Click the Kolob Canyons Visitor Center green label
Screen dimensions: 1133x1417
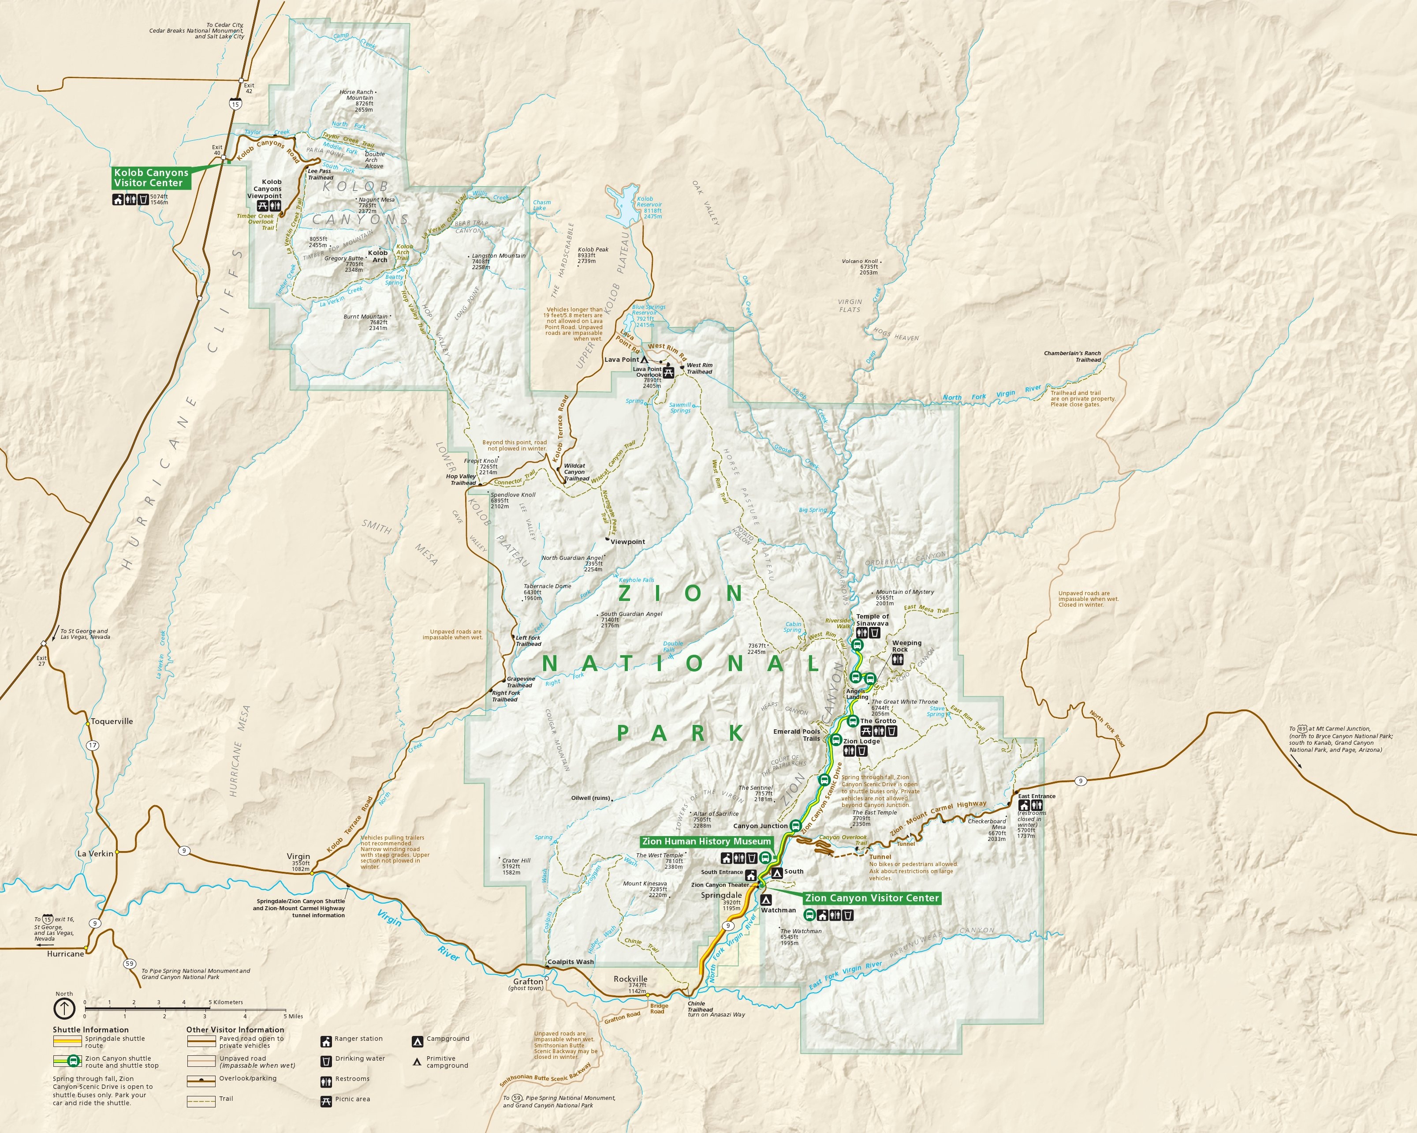(151, 177)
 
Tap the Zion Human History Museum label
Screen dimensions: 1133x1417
(706, 841)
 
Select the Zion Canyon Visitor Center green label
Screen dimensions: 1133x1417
(872, 897)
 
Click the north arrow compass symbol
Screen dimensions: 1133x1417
(64, 1008)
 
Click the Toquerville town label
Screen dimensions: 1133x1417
(112, 721)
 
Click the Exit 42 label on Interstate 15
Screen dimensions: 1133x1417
(248, 88)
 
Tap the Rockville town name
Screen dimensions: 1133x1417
(630, 979)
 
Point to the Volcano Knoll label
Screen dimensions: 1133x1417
(860, 261)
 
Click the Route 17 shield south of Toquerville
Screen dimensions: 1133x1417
(93, 746)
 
